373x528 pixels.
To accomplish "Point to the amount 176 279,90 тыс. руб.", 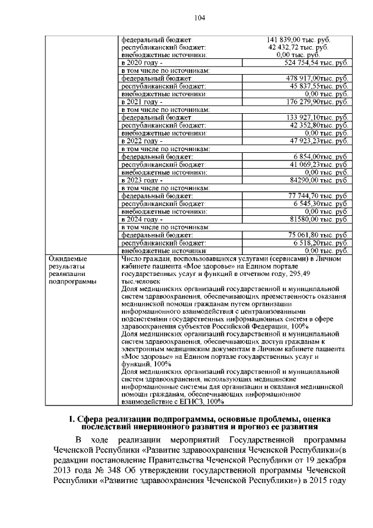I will tap(315, 102).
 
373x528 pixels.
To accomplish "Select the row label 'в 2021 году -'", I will tap(142, 102).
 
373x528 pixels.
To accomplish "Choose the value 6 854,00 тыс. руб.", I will tap(320, 157).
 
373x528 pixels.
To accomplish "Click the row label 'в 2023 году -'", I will tap(142, 181).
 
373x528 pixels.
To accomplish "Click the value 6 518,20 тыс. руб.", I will tap(320, 243).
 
